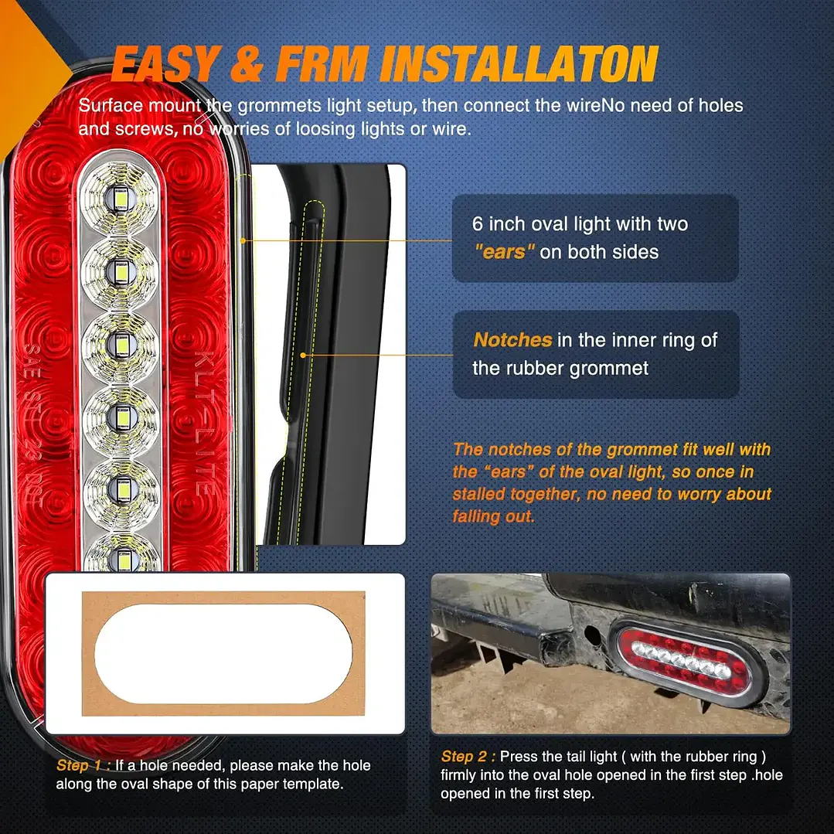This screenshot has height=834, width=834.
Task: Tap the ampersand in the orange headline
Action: [x=247, y=64]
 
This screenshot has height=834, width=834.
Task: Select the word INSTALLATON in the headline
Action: [x=519, y=64]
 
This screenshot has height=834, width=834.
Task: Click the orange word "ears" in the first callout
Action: [x=504, y=251]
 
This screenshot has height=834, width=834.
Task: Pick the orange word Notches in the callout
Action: [x=512, y=340]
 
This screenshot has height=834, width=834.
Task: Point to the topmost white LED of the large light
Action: [x=121, y=199]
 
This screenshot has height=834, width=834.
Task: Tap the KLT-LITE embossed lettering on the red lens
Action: [x=205, y=423]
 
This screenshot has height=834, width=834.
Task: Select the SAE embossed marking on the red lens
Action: [x=32, y=362]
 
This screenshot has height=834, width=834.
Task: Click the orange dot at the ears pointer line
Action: [x=243, y=241]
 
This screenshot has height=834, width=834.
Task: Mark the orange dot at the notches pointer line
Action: [x=303, y=355]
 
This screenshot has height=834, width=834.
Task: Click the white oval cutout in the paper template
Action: [x=223, y=653]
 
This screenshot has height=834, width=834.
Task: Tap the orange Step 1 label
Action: [x=83, y=765]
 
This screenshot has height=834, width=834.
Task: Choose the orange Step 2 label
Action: [x=468, y=757]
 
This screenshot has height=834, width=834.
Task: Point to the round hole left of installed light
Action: [x=591, y=635]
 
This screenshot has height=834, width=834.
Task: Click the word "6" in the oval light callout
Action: [x=477, y=224]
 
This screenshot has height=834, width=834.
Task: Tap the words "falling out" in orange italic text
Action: [x=493, y=516]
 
